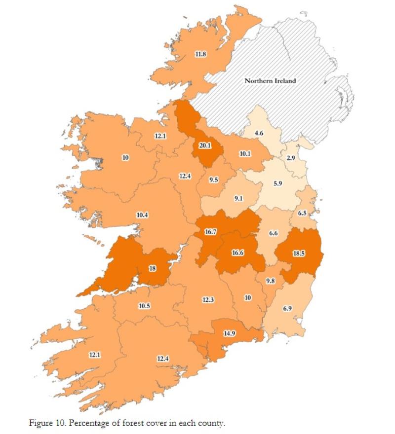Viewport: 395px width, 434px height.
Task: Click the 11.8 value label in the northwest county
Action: [x=200, y=54]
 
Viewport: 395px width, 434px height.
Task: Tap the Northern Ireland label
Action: [x=271, y=80]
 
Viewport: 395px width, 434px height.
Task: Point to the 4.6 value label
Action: [x=259, y=134]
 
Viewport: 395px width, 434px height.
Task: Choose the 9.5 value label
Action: [x=213, y=180]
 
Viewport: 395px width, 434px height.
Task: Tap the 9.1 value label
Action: [x=238, y=199]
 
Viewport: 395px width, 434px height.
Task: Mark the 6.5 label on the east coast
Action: [x=303, y=213]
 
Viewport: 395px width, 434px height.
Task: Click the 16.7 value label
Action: [x=211, y=231]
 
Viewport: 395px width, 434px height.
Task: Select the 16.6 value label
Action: [x=238, y=253]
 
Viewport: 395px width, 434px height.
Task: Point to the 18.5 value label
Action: [x=299, y=253]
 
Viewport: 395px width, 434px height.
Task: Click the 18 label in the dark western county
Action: [x=153, y=268]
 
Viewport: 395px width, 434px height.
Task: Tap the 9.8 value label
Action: [x=270, y=281]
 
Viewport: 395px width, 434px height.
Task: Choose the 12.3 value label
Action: [x=208, y=299]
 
